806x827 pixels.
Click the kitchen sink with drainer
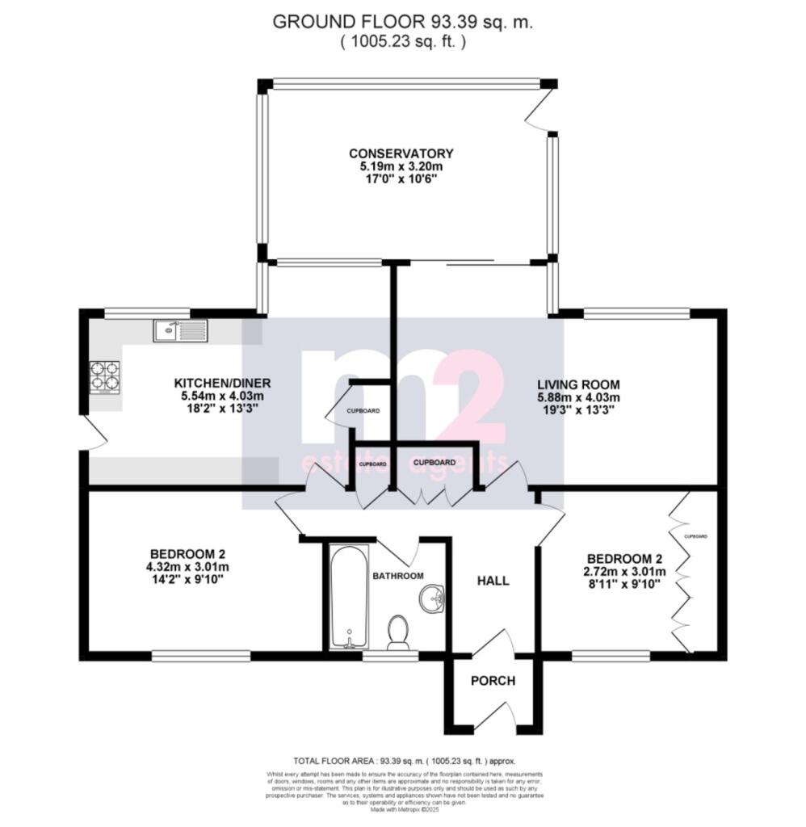coord(180,330)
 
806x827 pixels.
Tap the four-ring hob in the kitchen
coord(105,376)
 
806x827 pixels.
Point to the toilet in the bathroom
coord(397,632)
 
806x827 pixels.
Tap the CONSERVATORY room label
coord(401,153)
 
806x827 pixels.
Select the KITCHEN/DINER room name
coord(222,383)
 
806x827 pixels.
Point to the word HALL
coord(493,581)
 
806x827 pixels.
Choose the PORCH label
coord(493,681)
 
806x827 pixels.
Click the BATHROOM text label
coord(397,576)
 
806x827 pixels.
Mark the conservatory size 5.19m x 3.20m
coord(401,166)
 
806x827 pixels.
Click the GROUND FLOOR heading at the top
coord(402,22)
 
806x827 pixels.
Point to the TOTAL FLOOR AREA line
coord(402,761)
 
